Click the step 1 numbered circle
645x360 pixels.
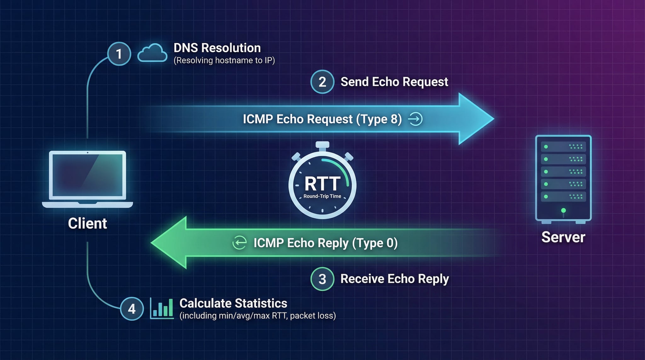119,54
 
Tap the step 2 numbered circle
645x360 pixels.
322,82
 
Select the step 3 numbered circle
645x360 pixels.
322,279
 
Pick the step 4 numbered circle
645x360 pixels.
132,309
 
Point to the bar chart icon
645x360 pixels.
162,308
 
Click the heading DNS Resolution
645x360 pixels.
217,48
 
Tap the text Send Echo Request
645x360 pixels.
394,82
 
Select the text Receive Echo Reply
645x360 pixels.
395,279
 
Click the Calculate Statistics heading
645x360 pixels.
233,303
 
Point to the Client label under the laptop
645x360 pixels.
88,223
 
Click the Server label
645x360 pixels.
563,237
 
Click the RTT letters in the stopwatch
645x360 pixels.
322,184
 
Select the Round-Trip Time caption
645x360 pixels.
322,196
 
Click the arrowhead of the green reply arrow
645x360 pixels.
169,243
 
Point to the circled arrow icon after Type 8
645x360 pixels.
415,119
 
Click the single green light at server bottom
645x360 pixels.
563,210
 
